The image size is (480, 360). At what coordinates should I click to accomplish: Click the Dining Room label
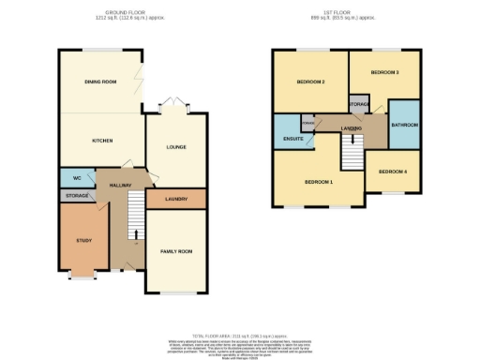click(x=100, y=82)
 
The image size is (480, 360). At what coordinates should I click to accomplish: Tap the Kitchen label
click(x=101, y=141)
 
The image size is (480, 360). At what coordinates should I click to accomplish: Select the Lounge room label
click(x=176, y=147)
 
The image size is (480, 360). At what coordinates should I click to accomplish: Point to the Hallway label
click(x=120, y=186)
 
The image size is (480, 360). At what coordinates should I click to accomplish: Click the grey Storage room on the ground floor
click(x=77, y=196)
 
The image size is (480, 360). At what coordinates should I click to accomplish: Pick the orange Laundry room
click(x=176, y=199)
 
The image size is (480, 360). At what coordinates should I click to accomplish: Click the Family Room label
click(x=176, y=251)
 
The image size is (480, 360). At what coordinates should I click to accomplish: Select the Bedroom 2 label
click(x=310, y=82)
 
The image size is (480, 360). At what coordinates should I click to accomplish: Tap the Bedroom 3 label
click(x=384, y=72)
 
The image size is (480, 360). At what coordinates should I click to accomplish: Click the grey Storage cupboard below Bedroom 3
click(x=358, y=103)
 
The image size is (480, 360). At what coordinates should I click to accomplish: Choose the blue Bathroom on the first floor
click(x=405, y=125)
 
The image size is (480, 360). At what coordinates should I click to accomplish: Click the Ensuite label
click(x=292, y=140)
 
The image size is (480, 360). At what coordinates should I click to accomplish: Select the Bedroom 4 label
click(x=393, y=172)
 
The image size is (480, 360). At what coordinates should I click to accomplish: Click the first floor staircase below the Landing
click(x=351, y=151)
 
